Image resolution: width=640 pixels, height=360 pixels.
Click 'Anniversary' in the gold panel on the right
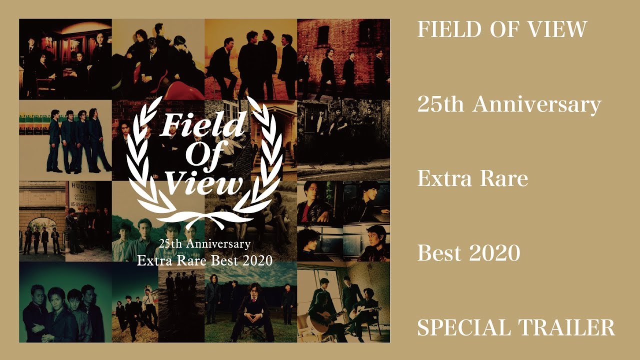(x=537, y=104)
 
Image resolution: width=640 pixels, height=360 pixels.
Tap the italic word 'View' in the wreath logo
(x=205, y=183)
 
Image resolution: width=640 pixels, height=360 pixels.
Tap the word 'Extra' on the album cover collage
(x=153, y=260)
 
